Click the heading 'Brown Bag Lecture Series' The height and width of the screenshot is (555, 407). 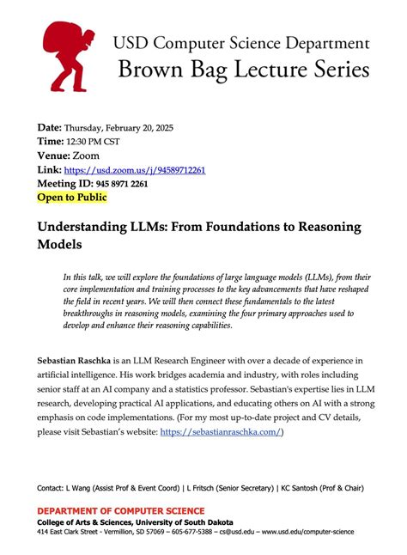pos(245,68)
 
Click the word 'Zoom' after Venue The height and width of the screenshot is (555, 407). pos(86,156)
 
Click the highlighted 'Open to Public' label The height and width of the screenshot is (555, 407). pos(72,198)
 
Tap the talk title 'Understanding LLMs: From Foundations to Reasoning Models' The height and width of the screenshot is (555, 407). pos(198,235)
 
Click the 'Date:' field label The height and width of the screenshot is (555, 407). pos(49,127)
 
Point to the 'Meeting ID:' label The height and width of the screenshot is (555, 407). pos(66,184)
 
